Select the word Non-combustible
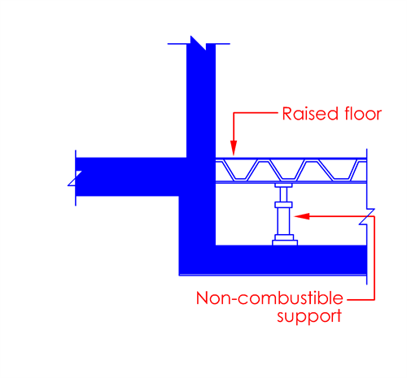(269, 298)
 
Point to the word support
(309, 316)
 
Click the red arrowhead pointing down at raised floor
(234, 148)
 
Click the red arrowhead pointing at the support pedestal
(302, 216)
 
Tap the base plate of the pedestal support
(285, 242)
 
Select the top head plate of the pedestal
(283, 185)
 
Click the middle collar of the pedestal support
(283, 205)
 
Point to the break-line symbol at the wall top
(199, 43)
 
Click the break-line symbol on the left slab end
(75, 178)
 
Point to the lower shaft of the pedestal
(283, 221)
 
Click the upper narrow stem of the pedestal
(283, 194)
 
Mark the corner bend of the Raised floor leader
(234, 113)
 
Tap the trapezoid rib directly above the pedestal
(287, 170)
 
